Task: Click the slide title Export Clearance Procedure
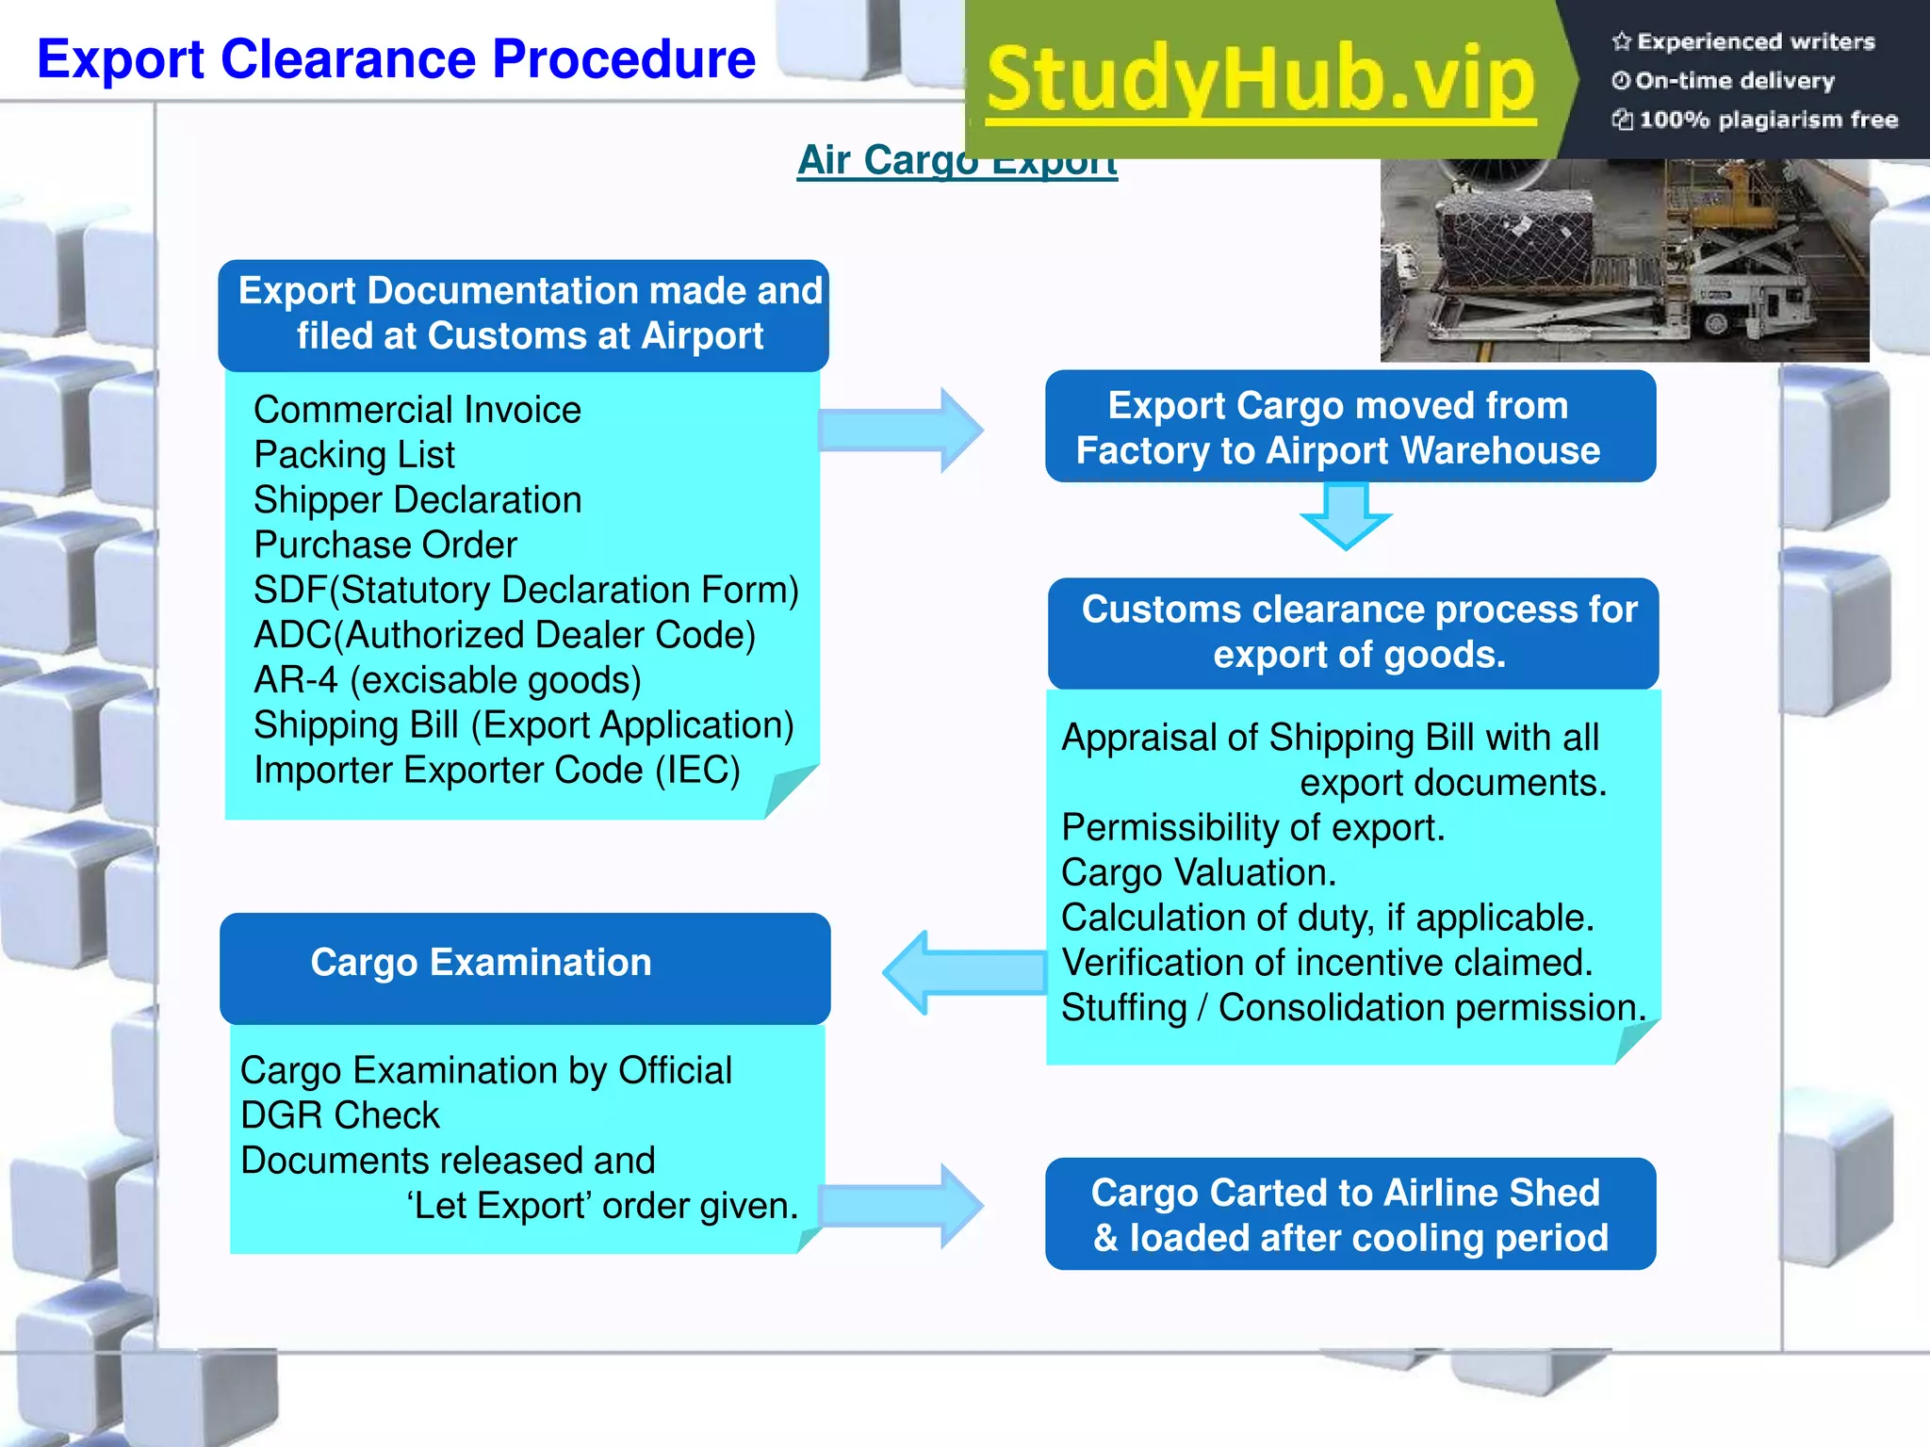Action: tap(396, 59)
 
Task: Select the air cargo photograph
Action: tap(1623, 259)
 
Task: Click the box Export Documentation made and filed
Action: tap(524, 315)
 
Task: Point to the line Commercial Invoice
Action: tap(417, 410)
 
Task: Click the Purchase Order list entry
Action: tap(385, 545)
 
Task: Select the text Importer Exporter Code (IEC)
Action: tap(497, 770)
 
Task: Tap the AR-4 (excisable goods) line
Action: tap(447, 680)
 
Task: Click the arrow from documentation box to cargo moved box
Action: tap(901, 431)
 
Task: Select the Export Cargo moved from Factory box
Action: tap(1349, 427)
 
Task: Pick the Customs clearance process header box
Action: tap(1353, 632)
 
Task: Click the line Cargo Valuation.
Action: tap(1198, 872)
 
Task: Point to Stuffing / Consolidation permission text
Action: tap(1352, 1008)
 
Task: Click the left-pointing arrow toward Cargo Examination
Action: tap(963, 972)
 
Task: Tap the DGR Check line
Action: tap(339, 1115)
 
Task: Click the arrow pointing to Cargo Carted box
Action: tap(901, 1206)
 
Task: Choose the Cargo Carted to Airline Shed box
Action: tap(1349, 1214)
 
